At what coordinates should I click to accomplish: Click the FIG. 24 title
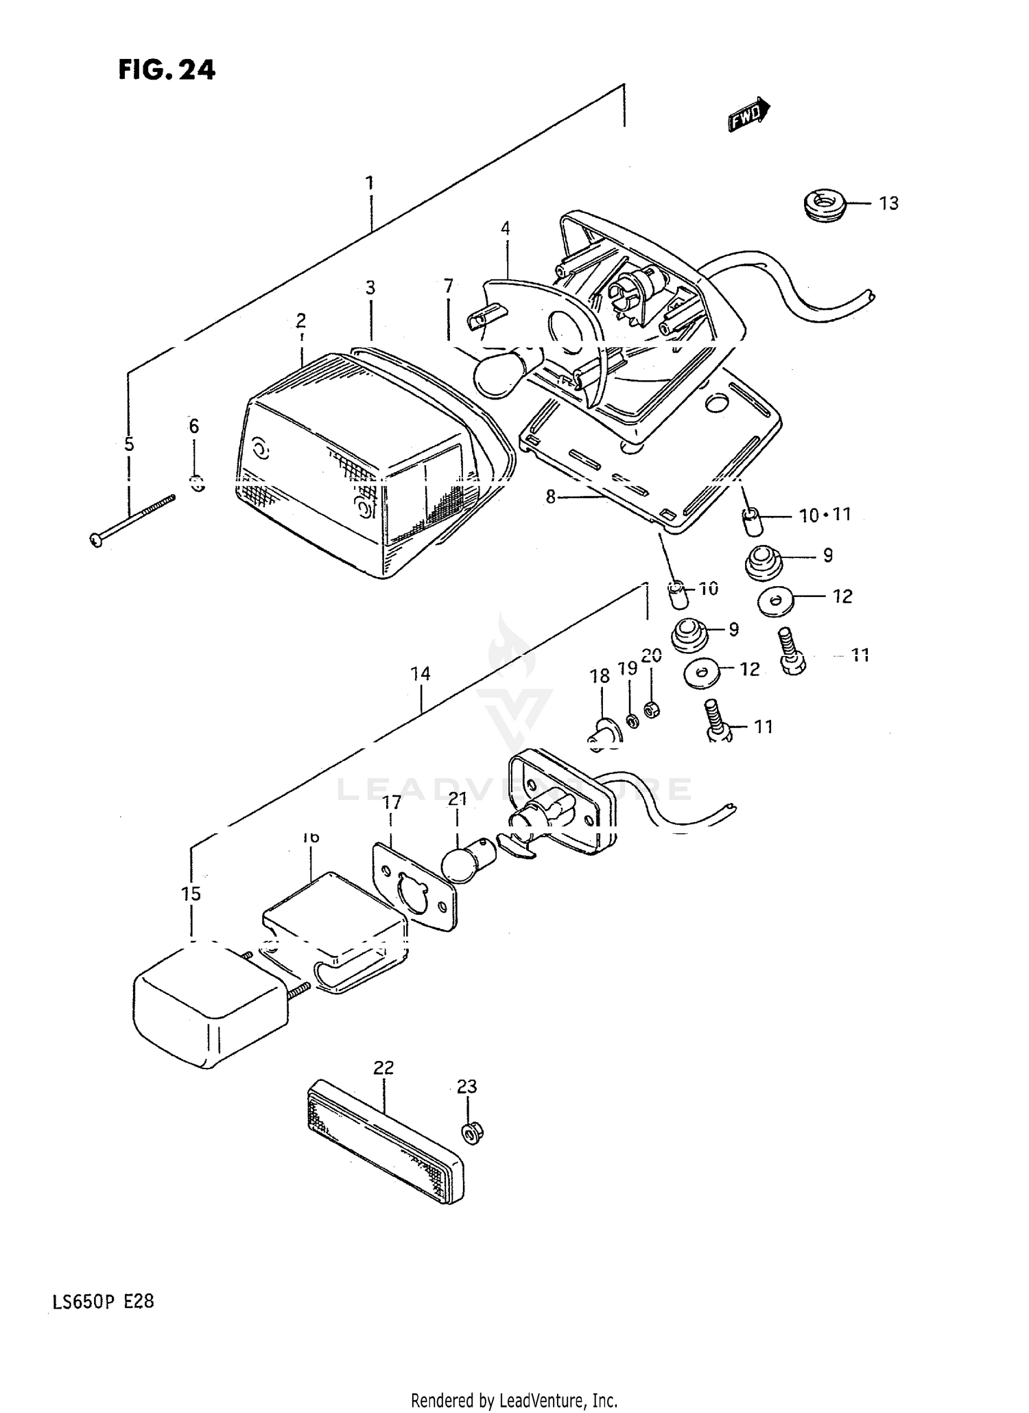[167, 69]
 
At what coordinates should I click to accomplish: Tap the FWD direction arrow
[749, 114]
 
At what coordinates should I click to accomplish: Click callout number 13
[888, 204]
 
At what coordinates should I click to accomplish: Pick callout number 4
[506, 229]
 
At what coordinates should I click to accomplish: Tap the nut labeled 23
[471, 1133]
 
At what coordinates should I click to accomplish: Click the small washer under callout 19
[632, 721]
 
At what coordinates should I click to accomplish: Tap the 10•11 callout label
[825, 515]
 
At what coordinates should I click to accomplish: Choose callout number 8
[550, 497]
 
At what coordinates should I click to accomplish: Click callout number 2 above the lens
[301, 320]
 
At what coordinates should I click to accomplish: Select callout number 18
[600, 676]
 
